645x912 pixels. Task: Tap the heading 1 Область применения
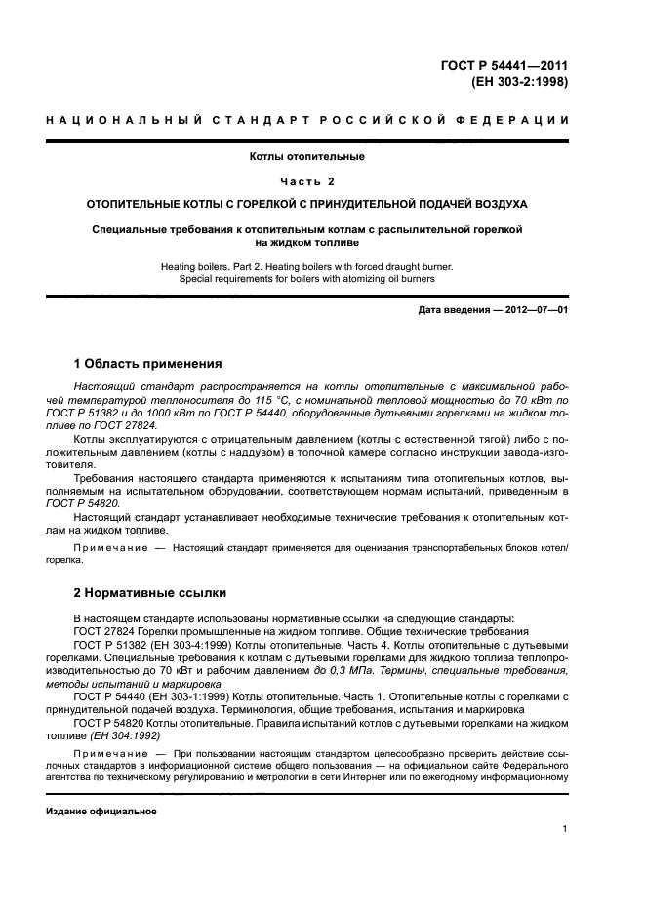(148, 364)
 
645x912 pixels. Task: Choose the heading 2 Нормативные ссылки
(150, 592)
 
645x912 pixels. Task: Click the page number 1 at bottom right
(565, 829)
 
